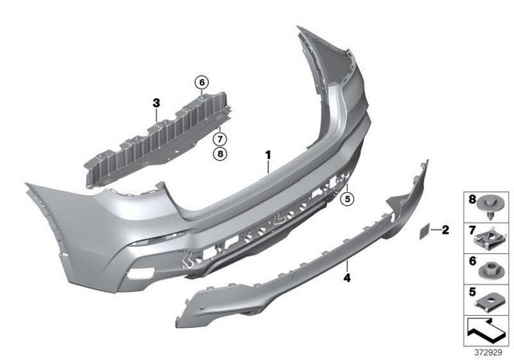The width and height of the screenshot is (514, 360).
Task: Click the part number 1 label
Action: [269, 152]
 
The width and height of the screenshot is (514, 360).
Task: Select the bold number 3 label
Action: [157, 102]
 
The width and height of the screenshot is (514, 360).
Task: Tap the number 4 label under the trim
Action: [347, 278]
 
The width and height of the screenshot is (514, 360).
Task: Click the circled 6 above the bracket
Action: [201, 81]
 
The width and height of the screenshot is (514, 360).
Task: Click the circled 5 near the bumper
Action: [348, 198]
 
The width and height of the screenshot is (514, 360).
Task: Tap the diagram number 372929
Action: [487, 351]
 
